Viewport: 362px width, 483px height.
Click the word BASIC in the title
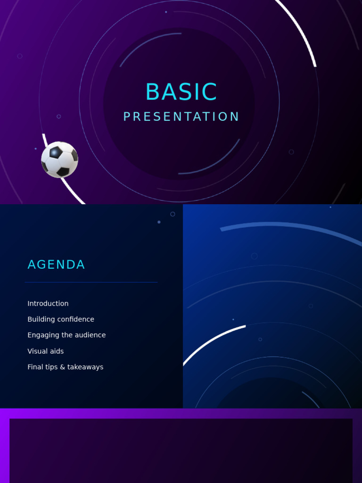coord(181,92)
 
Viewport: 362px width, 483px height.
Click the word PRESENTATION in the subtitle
coord(181,117)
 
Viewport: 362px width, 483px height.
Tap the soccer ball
coord(59,159)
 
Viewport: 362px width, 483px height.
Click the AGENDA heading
coord(56,265)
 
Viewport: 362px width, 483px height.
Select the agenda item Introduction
coord(48,303)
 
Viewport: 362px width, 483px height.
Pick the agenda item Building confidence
coord(61,319)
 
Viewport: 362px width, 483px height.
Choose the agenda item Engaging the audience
coord(66,335)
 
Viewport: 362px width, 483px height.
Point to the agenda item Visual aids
coord(46,351)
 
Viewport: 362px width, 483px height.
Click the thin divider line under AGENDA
coord(91,282)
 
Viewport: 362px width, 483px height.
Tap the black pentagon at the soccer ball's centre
coord(56,152)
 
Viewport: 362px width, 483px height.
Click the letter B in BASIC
coord(152,92)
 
